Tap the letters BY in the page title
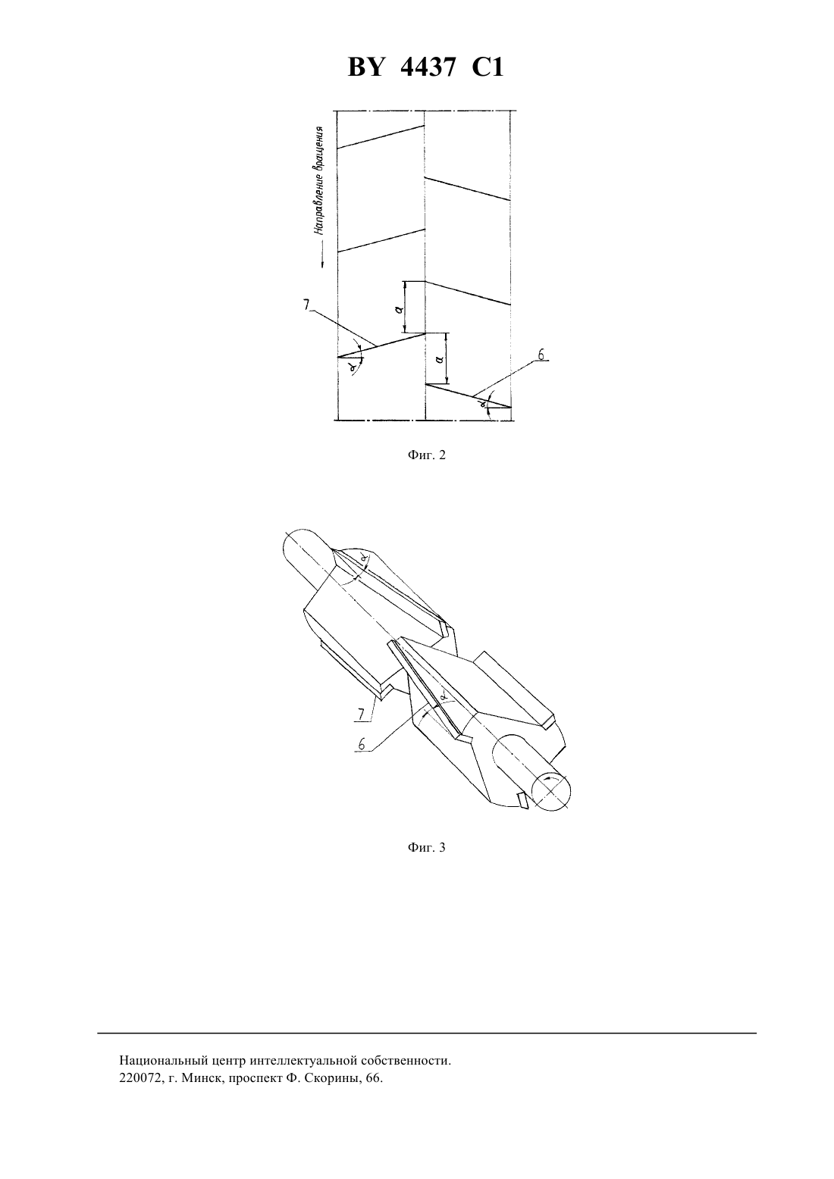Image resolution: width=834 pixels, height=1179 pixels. pyautogui.click(x=365, y=68)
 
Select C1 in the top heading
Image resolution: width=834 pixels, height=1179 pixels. pyautogui.click(x=488, y=68)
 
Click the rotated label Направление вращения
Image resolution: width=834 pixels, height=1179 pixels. pyautogui.click(x=318, y=180)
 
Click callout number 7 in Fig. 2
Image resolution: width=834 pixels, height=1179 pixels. pyautogui.click(x=306, y=305)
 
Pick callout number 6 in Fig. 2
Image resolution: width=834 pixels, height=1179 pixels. pyautogui.click(x=541, y=355)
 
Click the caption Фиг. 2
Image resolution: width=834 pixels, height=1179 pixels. pyautogui.click(x=426, y=455)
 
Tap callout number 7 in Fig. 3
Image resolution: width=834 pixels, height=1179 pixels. pyautogui.click(x=361, y=715)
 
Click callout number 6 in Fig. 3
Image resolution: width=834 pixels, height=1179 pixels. pyautogui.click(x=362, y=744)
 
